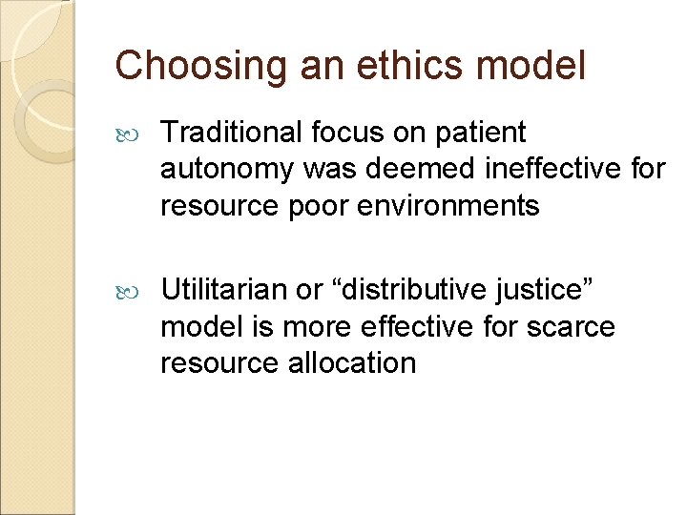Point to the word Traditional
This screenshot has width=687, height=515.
[225, 134]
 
